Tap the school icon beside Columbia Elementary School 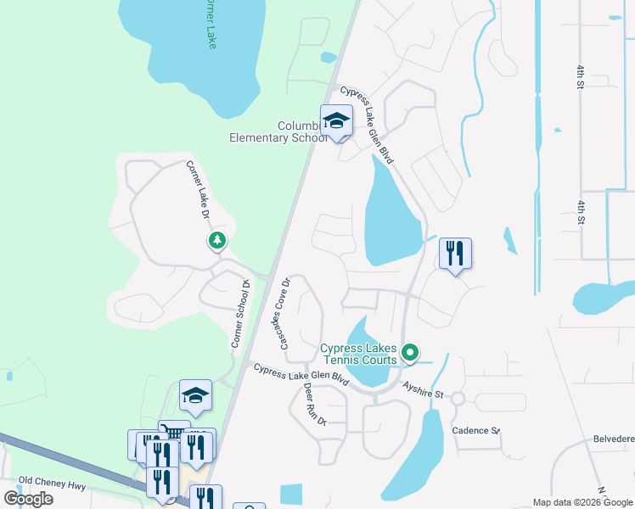click(x=336, y=120)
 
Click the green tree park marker click(x=217, y=241)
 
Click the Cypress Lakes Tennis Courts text click(x=358, y=354)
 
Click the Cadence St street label click(x=475, y=431)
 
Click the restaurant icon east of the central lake click(x=455, y=253)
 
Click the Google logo click(x=29, y=499)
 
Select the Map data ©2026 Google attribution click(x=582, y=502)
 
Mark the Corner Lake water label click(x=209, y=24)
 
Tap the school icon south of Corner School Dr click(x=195, y=395)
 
